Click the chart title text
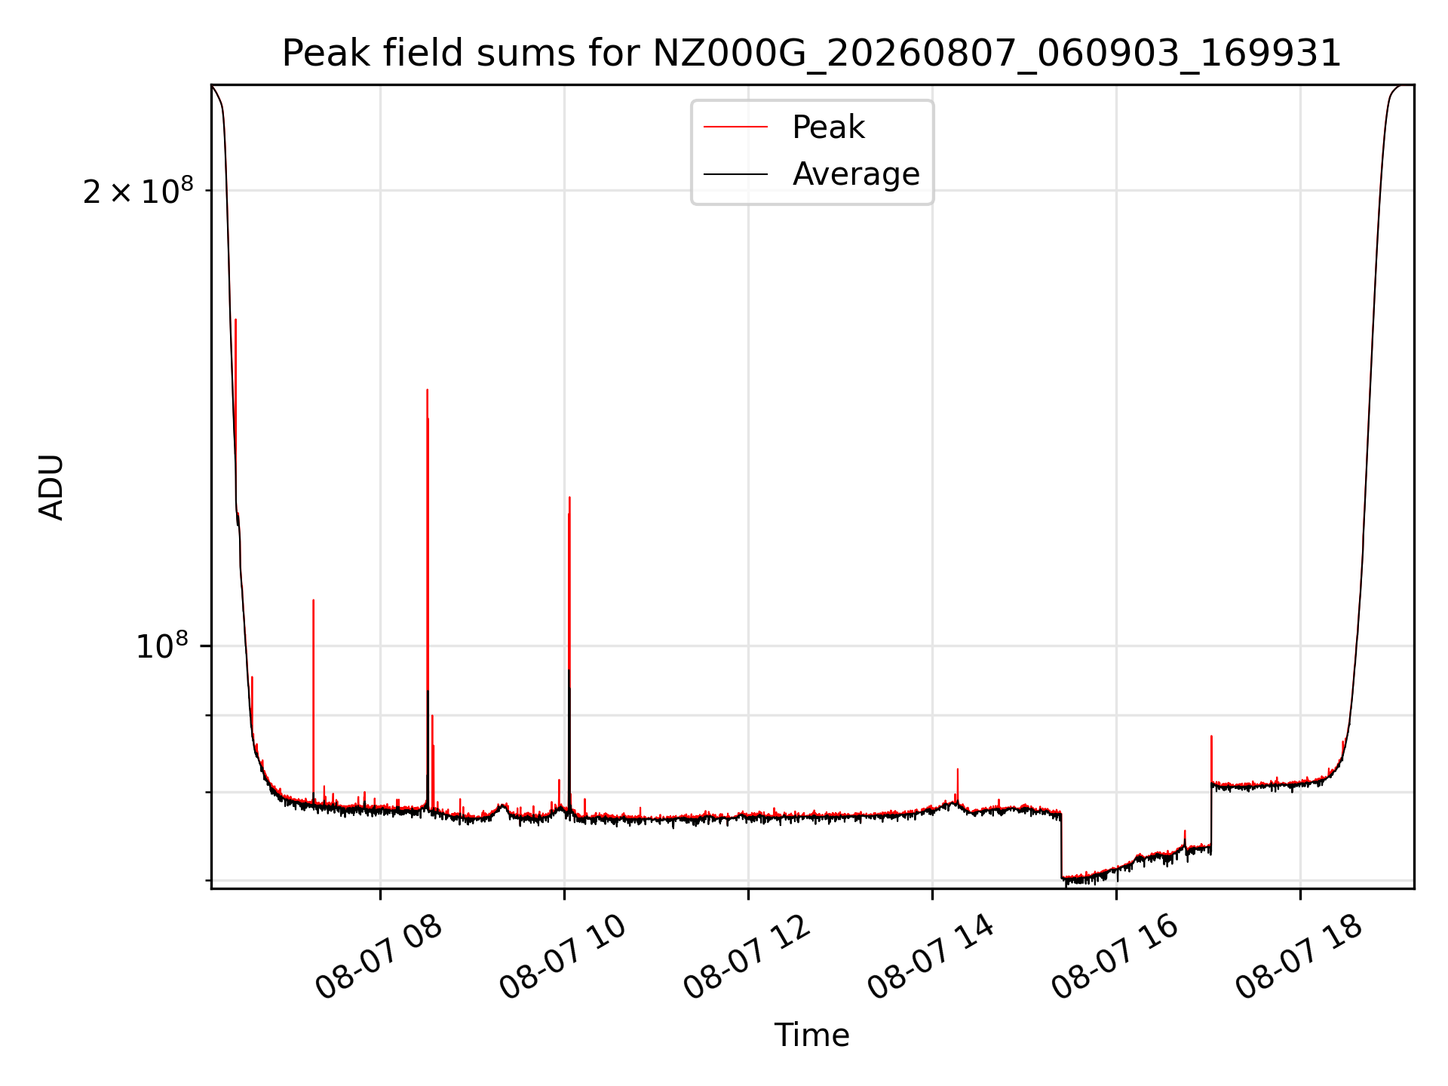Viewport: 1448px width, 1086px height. [811, 54]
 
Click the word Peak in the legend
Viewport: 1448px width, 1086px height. [828, 127]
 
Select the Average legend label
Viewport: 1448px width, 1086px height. [856, 174]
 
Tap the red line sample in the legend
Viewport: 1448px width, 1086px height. [735, 127]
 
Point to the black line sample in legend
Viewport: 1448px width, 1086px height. [735, 174]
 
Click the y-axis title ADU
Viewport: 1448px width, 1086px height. [51, 487]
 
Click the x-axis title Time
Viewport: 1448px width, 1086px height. [811, 1035]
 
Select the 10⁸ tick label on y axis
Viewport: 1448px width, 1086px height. [162, 646]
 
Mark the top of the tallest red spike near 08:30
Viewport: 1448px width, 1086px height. [427, 390]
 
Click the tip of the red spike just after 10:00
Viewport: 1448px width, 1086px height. [569, 497]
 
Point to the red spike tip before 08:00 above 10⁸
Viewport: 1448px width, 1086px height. [313, 600]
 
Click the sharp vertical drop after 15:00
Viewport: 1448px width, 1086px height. [1061, 845]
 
